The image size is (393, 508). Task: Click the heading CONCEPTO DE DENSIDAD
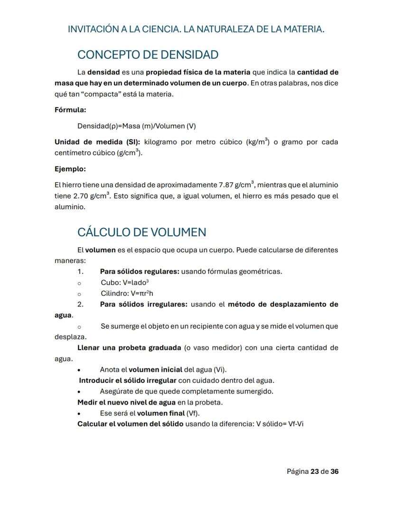148,55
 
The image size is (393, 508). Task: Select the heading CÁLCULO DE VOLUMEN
141,232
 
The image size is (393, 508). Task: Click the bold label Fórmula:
70,110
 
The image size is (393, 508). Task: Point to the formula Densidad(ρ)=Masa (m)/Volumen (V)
136,126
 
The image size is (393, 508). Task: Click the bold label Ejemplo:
70,169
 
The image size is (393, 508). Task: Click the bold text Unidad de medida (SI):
97,142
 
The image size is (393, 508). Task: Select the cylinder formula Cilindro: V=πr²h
127,293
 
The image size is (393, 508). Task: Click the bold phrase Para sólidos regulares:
139,271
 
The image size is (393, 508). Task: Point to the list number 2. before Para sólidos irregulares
81,304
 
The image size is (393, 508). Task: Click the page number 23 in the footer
314,471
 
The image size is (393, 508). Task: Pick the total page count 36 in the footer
334,471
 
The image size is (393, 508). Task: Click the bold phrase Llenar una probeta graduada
129,348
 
